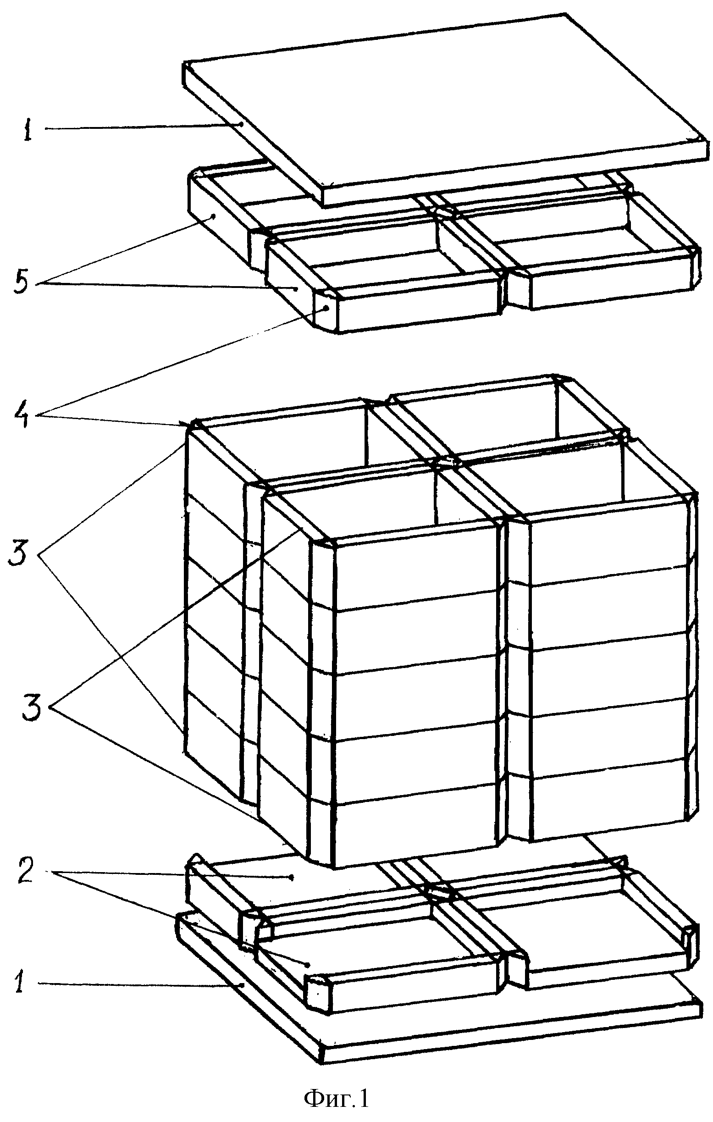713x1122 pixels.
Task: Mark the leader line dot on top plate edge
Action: tap(241, 124)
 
